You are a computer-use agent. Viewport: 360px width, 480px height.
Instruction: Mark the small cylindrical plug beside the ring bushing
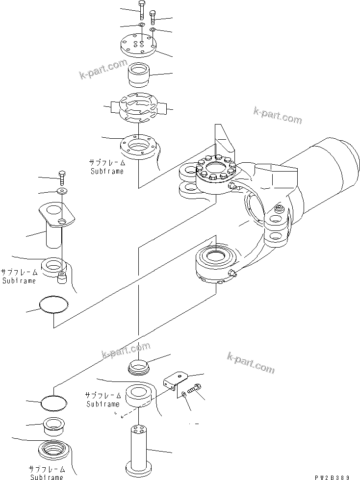click(62, 278)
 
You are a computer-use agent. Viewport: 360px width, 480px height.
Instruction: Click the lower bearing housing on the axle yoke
click(216, 265)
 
